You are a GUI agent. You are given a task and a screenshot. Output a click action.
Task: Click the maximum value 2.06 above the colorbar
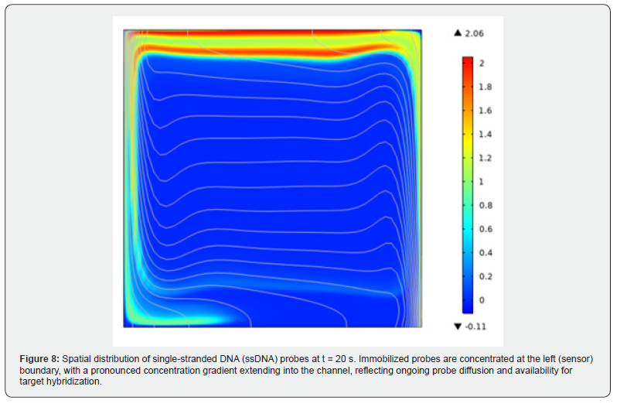pyautogui.click(x=473, y=32)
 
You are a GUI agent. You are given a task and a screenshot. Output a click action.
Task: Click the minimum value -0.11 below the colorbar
pyautogui.click(x=474, y=326)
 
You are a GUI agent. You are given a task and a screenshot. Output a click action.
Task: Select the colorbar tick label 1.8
pyautogui.click(x=485, y=87)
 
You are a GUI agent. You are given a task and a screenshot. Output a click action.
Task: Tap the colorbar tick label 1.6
pyautogui.click(x=485, y=111)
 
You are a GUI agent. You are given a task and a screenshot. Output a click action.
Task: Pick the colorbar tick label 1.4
pyautogui.click(x=485, y=134)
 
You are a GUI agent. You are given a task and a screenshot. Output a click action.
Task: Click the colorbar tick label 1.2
pyautogui.click(x=485, y=158)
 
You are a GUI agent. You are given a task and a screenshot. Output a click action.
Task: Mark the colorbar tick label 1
pyautogui.click(x=481, y=181)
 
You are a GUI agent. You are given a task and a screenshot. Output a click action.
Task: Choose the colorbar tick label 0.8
pyautogui.click(x=485, y=205)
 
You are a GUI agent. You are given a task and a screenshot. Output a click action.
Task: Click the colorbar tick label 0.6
pyautogui.click(x=485, y=228)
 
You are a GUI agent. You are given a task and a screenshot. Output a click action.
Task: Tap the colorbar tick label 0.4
pyautogui.click(x=485, y=252)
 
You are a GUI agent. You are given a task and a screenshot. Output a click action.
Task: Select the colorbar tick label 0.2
pyautogui.click(x=485, y=276)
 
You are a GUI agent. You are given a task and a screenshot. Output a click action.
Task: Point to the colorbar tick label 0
pyautogui.click(x=481, y=299)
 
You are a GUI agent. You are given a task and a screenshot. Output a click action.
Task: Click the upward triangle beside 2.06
pyautogui.click(x=458, y=32)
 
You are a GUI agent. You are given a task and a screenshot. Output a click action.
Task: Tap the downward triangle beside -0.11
pyautogui.click(x=457, y=326)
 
